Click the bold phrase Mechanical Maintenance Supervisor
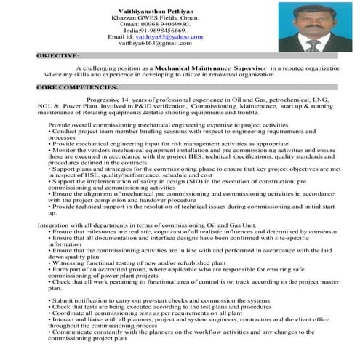tap(218, 67)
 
